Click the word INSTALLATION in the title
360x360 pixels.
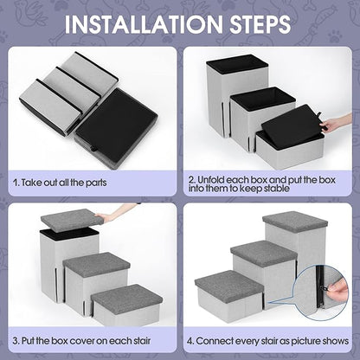click(138, 22)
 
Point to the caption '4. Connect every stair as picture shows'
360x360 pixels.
click(271, 338)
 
